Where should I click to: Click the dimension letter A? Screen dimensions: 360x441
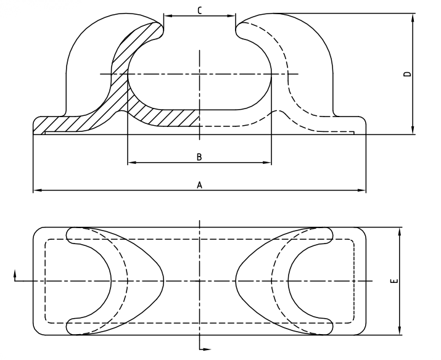199,184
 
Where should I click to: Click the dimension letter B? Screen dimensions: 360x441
199,157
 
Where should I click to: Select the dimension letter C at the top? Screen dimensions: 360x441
199,10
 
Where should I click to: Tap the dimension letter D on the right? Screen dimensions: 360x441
406,74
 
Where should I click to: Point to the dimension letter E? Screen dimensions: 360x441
394,281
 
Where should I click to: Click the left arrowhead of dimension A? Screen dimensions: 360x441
36,190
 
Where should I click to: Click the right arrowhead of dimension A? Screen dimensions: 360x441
363,190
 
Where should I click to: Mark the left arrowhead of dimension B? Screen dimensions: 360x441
130,163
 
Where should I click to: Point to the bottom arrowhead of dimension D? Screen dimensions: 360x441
413,130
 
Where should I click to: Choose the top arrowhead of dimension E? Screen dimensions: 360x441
400,231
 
